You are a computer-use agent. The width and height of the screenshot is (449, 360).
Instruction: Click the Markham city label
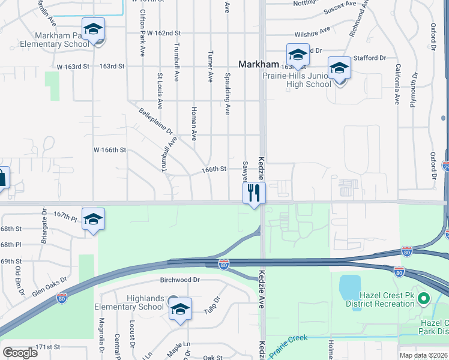259,64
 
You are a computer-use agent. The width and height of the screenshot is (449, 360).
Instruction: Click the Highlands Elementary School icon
179,310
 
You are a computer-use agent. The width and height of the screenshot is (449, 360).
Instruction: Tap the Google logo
20,353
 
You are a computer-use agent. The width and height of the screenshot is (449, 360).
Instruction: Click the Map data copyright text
423,355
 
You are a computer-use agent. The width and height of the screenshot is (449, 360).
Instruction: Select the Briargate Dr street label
44,223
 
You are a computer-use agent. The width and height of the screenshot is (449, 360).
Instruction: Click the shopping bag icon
3,178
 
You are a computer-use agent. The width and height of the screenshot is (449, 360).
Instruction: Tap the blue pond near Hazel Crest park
349,287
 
